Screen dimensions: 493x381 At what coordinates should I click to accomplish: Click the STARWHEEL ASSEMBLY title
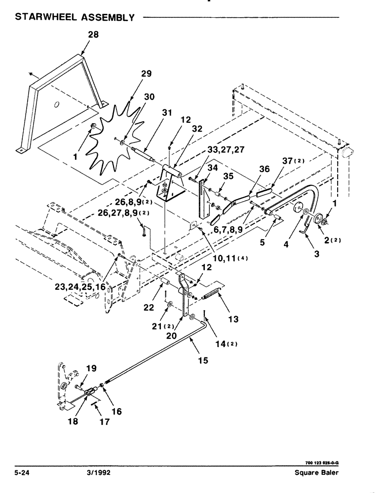75,17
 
